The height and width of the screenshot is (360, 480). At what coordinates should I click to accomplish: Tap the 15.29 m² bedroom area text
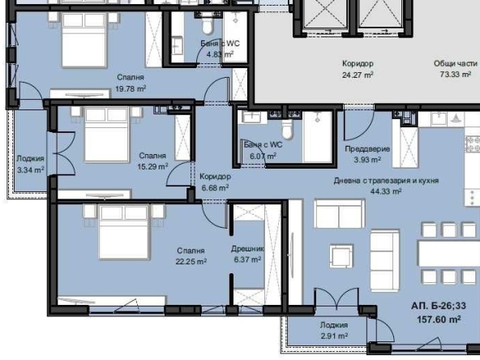pyautogui.click(x=152, y=166)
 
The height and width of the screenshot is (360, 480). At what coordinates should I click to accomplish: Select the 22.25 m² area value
pyautogui.click(x=191, y=262)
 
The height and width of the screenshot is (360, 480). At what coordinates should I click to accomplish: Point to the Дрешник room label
pyautogui.click(x=248, y=250)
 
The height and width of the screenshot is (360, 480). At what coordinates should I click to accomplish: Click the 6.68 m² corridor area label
pyautogui.click(x=215, y=186)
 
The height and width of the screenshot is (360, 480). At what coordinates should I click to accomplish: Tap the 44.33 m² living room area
pyautogui.click(x=388, y=191)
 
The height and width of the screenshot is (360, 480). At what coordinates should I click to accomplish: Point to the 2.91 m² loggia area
pyautogui.click(x=333, y=335)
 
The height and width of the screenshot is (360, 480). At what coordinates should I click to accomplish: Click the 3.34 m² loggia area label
pyautogui.click(x=30, y=170)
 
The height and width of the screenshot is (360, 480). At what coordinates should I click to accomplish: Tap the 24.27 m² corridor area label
pyautogui.click(x=357, y=74)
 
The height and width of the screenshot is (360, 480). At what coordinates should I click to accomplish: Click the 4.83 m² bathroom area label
pyautogui.click(x=220, y=54)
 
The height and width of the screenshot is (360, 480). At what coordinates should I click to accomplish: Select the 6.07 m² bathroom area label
pyautogui.click(x=263, y=156)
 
